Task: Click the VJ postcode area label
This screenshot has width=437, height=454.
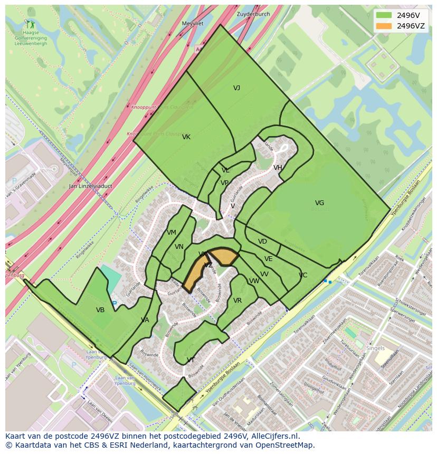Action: click(236, 88)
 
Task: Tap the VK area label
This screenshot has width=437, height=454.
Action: click(186, 137)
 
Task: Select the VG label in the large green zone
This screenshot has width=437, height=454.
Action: click(319, 203)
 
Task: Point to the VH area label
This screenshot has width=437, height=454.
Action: click(278, 168)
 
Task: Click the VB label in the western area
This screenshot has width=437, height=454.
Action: click(100, 310)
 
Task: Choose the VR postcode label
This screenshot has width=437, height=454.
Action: click(237, 301)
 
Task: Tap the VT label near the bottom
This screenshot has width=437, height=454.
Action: click(191, 360)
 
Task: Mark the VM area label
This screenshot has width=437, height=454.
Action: click(172, 233)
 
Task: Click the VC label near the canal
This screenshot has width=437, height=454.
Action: click(302, 275)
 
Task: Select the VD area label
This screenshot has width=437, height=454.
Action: click(262, 242)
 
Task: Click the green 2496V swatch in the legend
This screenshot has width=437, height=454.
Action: click(384, 15)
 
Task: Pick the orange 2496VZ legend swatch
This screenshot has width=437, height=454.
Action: click(384, 26)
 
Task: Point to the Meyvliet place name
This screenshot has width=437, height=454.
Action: click(192, 24)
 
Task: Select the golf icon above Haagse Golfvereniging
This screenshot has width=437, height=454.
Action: click(31, 24)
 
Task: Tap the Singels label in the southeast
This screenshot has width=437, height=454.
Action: click(375, 349)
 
